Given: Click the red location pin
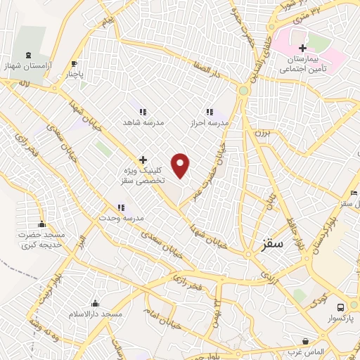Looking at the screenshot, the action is coord(181,165).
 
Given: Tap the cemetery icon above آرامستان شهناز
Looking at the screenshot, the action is coord(28,55).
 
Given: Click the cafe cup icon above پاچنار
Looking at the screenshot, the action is coord(74,63).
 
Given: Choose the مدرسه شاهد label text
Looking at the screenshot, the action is coord(143,122).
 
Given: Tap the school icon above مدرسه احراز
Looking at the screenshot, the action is coord(209,112).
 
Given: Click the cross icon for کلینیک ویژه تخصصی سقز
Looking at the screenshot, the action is coord(143,160).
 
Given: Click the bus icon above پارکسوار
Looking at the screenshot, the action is coord(340,307).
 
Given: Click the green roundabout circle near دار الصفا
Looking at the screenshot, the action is coord(243,91).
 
